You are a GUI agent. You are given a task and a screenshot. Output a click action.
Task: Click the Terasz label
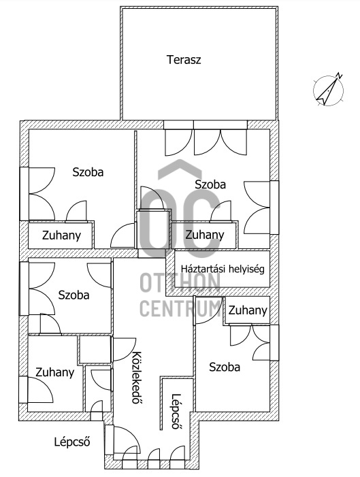(x=184, y=59)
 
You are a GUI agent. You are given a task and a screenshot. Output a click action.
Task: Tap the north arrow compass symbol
(x=327, y=89)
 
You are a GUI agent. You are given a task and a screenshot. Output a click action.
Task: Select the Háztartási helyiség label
(x=222, y=268)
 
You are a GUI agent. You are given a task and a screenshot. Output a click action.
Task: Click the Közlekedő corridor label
(x=135, y=378)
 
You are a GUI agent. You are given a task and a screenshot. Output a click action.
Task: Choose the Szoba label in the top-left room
(x=88, y=172)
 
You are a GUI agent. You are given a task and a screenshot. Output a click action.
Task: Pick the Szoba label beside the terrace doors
(x=210, y=184)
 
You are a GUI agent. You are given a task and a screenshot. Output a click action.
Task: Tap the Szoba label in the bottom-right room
(x=225, y=367)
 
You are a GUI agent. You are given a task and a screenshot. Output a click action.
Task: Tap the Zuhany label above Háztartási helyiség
(x=204, y=235)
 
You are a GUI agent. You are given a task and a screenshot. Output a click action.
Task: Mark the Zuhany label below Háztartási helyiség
(x=248, y=310)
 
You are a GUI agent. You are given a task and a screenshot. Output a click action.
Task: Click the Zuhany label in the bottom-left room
(x=55, y=372)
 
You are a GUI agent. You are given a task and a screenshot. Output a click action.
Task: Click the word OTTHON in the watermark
(x=180, y=282)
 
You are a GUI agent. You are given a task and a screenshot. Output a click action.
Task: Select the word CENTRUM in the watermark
(x=180, y=308)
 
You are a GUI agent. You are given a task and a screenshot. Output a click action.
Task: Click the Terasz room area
(x=199, y=88)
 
